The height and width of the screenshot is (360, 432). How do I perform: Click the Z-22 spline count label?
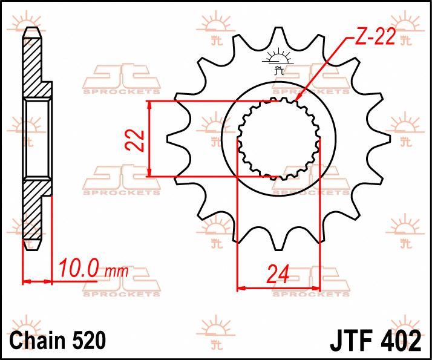coord(374,38)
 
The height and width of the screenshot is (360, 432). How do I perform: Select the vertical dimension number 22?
coord(139,140)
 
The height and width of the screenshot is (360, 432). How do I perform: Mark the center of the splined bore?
coord(278,139)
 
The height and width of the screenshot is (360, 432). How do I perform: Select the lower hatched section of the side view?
coord(33,212)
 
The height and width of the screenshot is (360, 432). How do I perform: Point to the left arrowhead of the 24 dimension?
coord(240,287)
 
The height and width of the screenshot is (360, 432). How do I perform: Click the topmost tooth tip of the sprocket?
coord(278,28)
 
